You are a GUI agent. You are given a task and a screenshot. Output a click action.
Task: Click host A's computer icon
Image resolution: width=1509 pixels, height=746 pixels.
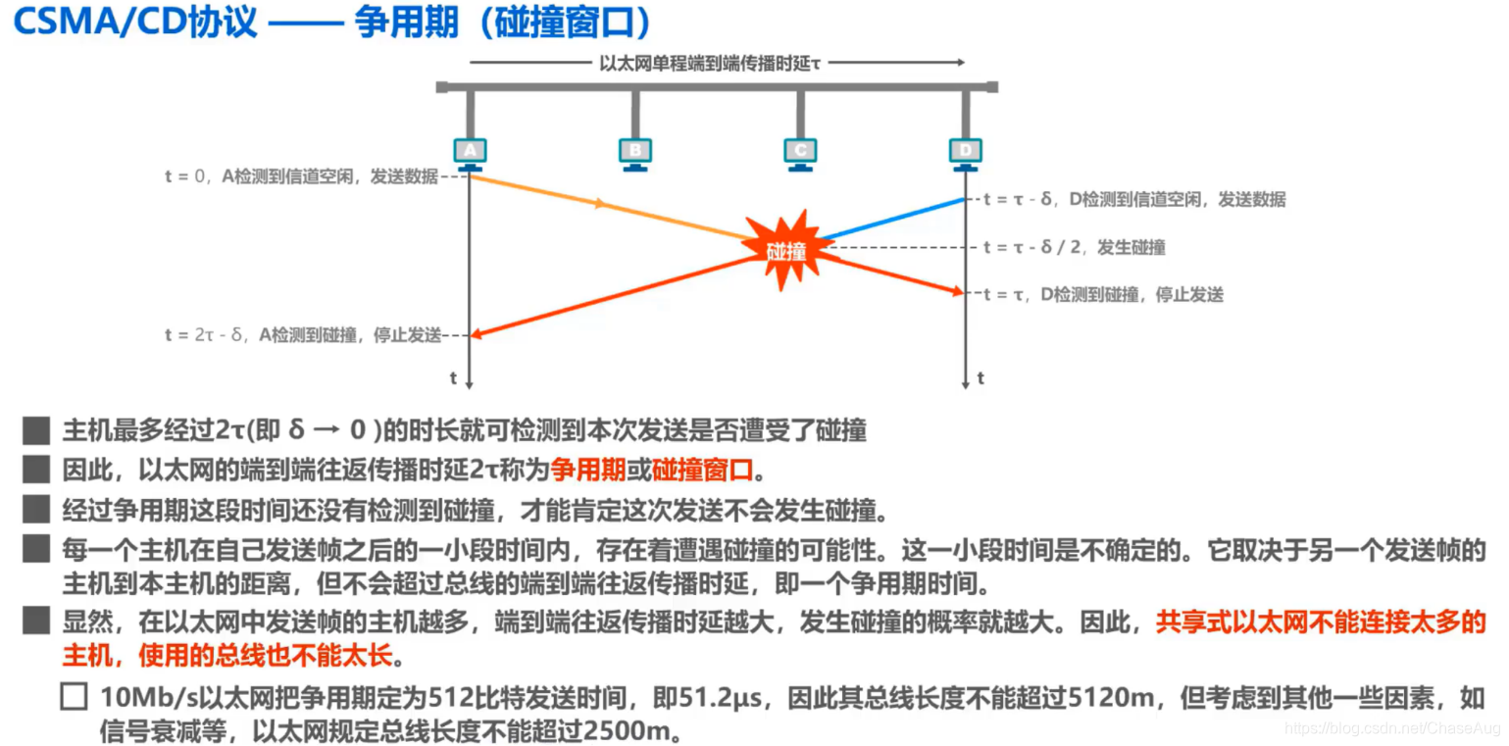point(471,152)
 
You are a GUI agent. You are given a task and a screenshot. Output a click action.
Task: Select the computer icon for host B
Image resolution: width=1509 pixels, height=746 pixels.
point(635,152)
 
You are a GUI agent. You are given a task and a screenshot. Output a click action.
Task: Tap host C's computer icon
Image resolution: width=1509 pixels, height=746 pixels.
point(800,152)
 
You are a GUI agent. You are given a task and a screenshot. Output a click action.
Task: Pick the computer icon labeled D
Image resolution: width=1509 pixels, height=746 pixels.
point(966,152)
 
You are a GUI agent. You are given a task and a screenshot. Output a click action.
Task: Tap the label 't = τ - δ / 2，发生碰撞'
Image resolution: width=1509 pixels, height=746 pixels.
point(1074,247)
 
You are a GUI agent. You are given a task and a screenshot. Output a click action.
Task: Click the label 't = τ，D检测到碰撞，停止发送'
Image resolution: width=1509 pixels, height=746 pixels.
point(1103,293)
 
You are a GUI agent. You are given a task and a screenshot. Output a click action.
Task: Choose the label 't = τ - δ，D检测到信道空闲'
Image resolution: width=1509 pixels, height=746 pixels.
point(1133,199)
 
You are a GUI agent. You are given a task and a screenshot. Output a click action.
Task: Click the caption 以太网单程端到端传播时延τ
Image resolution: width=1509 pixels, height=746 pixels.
point(709,62)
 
